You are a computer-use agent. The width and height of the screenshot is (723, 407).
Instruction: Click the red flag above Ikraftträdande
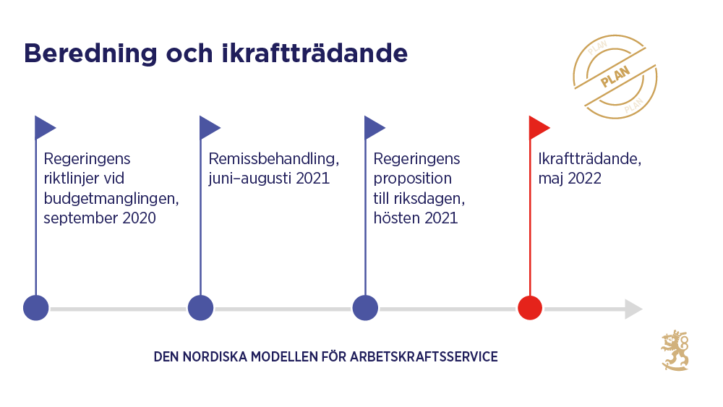[x=538, y=127]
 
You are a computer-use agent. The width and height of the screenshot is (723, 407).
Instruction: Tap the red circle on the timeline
[x=530, y=308]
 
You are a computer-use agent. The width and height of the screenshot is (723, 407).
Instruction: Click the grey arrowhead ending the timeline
[x=633, y=309]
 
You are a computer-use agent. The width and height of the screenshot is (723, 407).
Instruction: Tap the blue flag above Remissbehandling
[x=209, y=127]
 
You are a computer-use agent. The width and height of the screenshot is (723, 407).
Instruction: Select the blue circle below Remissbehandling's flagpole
[x=200, y=308]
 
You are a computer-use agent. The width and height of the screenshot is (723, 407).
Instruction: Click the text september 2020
[x=100, y=218]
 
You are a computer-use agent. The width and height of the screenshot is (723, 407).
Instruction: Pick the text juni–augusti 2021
[x=269, y=179]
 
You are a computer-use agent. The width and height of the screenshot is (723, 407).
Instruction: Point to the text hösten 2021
[x=416, y=218]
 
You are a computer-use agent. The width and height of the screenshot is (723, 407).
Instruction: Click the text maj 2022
[x=570, y=179]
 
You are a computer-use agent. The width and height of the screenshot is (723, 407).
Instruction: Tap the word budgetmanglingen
[x=111, y=198]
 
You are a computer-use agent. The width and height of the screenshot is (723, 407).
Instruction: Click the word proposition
[x=413, y=179]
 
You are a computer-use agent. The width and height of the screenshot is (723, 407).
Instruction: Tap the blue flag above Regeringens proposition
[x=374, y=127]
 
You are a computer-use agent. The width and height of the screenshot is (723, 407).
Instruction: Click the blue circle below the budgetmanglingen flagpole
[x=36, y=308]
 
